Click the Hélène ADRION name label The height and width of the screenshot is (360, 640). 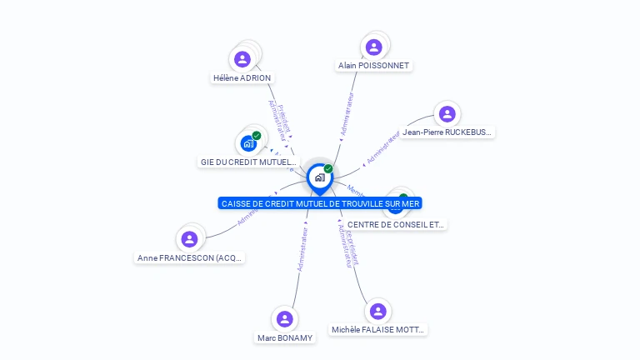coord(242,78)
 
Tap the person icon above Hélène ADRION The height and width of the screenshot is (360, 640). coord(242,58)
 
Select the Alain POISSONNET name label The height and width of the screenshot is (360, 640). coord(374,65)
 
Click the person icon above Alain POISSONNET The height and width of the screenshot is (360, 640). coord(374,47)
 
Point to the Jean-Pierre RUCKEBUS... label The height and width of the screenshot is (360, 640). coord(447,132)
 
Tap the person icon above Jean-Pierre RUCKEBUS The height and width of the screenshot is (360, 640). coord(447,114)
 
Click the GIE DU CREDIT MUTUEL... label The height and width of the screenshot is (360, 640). coord(248,162)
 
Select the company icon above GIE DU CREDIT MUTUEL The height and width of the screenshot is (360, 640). coord(248,143)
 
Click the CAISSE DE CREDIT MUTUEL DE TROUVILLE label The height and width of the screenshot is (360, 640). coord(321,203)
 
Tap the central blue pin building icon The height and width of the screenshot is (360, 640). coord(319,177)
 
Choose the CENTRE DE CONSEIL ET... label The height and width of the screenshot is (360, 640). coord(396,224)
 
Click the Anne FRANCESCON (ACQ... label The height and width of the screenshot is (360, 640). coord(190,258)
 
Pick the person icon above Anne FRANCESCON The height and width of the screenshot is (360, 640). coord(190,239)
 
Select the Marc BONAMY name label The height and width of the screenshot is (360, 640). coord(285,337)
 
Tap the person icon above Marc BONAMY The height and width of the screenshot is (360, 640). coord(285,318)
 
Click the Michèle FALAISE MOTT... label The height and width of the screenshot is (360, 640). coord(378,330)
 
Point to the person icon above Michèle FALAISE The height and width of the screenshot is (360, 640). coord(378,311)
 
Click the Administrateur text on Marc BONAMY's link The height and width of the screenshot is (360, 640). coord(303,249)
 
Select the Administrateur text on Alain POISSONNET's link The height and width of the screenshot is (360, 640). coord(347,113)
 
